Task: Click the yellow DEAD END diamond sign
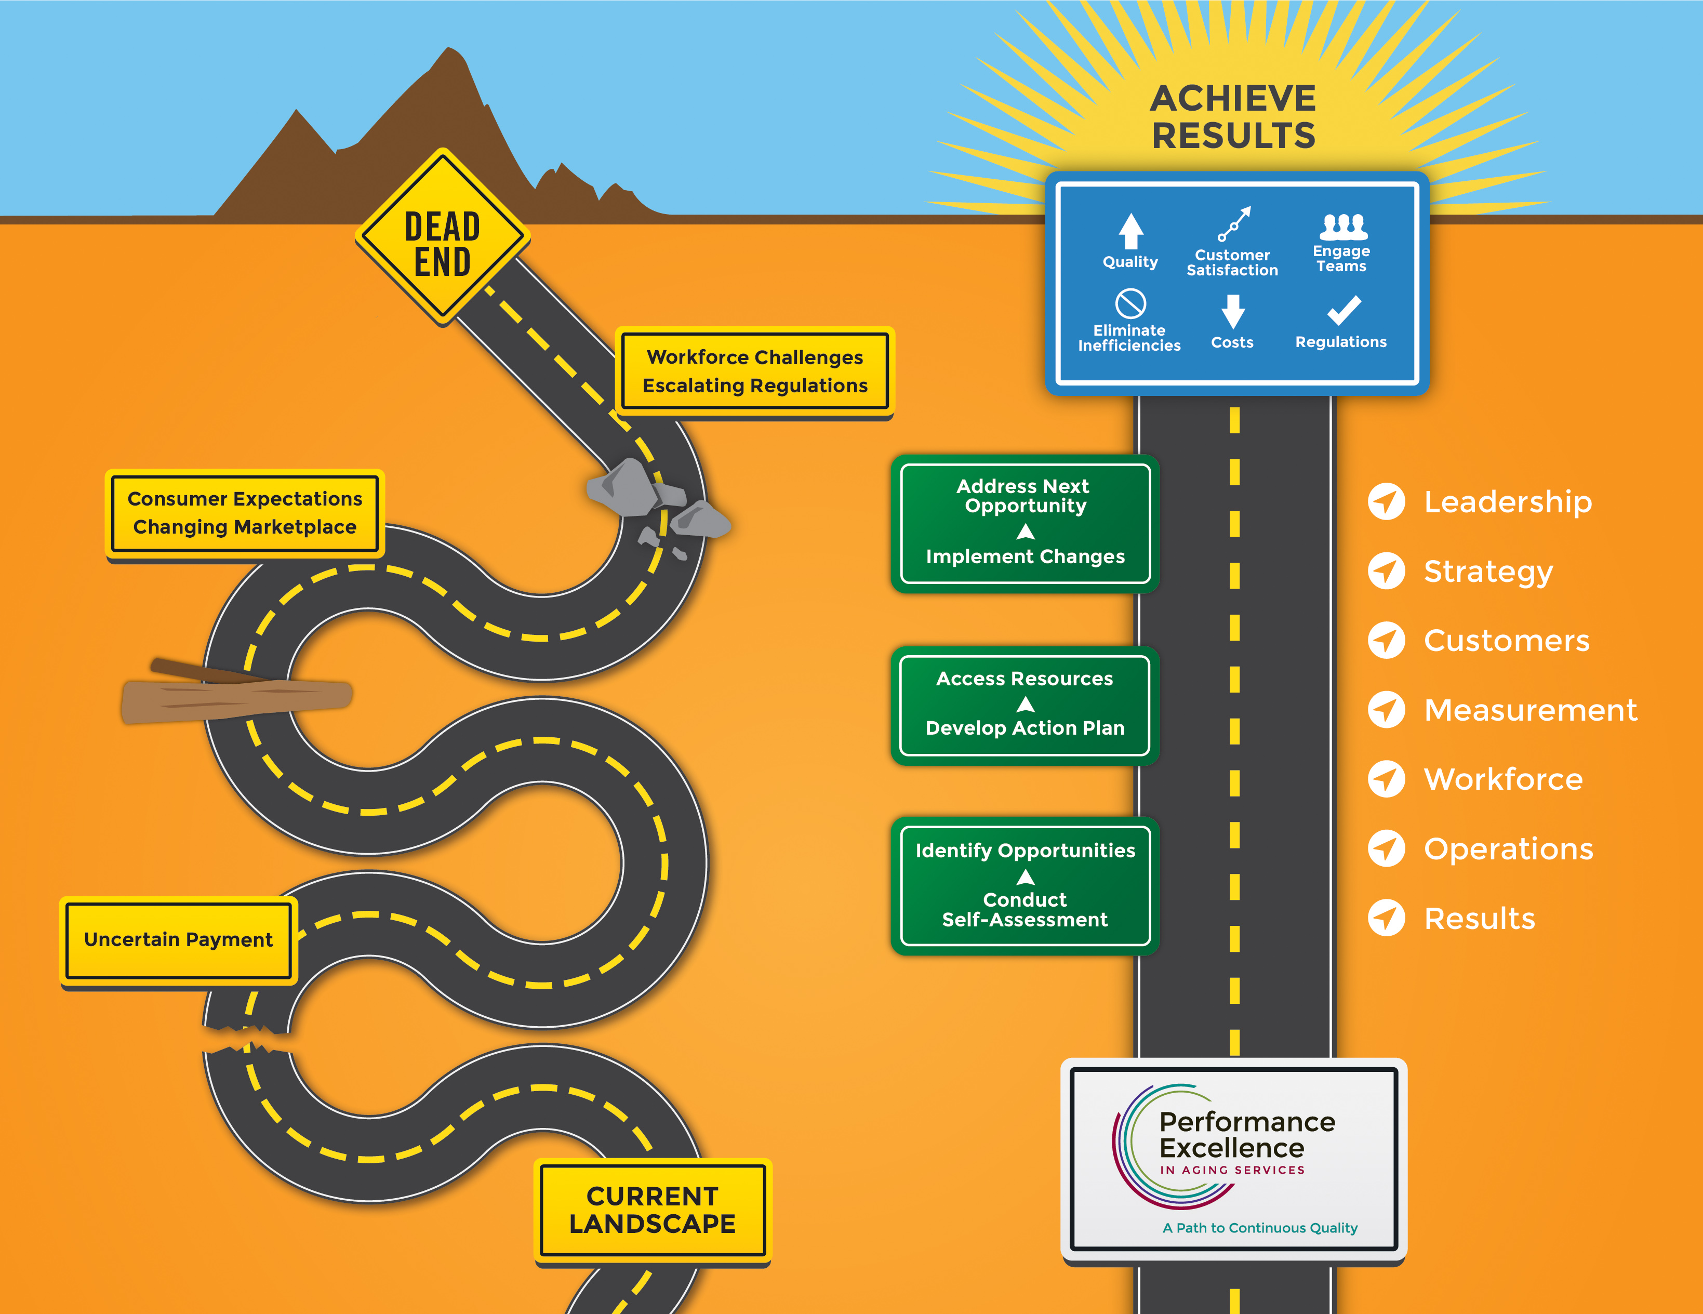443,236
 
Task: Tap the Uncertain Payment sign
179,940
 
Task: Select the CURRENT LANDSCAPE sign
653,1210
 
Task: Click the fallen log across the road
236,693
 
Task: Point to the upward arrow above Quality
1130,231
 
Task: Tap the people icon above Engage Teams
1343,226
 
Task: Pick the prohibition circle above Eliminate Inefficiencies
1130,303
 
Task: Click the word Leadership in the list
1507,501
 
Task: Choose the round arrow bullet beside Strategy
1387,571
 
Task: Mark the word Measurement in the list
1530,710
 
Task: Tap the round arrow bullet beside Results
1387,918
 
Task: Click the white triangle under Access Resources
1026,705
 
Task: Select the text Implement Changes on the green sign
1026,557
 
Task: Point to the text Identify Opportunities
1026,851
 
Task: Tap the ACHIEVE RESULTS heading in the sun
1233,117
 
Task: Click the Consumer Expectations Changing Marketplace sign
245,513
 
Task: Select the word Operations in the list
1508,849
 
